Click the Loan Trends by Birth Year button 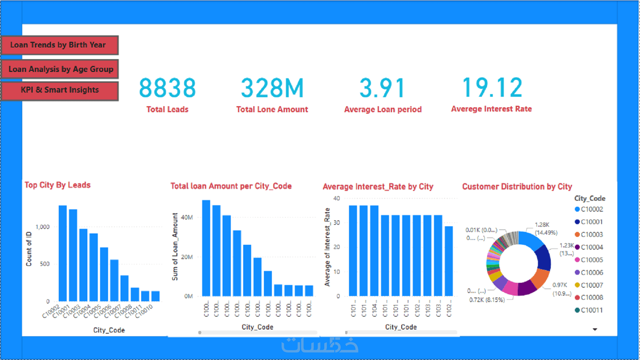(x=59, y=45)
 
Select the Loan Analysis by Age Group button (x=60, y=69)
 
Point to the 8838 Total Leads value (x=168, y=88)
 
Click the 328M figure (x=272, y=88)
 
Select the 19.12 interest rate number (x=492, y=87)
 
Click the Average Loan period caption (x=382, y=110)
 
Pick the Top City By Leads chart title (x=58, y=185)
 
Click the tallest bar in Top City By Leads (x=62, y=253)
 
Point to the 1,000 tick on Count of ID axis (x=43, y=227)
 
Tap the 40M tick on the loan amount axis (x=187, y=217)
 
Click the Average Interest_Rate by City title (x=378, y=187)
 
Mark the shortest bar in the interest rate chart (x=449, y=261)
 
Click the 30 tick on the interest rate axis (x=337, y=223)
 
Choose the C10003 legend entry (x=591, y=235)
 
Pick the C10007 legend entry (x=591, y=285)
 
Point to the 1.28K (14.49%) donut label (x=546, y=229)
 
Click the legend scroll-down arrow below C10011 (x=595, y=329)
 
